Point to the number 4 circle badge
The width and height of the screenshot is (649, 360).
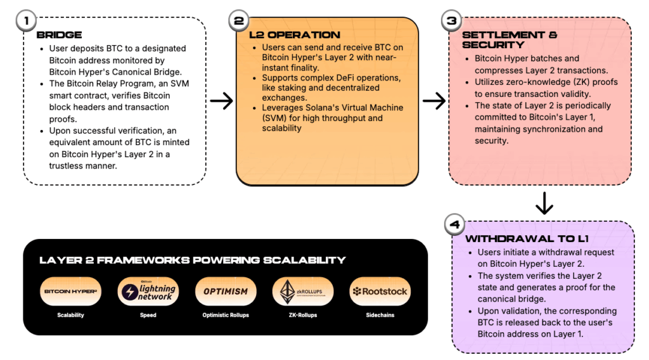(x=454, y=224)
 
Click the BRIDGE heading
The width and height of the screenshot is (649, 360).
(x=59, y=35)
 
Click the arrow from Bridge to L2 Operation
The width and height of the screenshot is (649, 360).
(x=221, y=100)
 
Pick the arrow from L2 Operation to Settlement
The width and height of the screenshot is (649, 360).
(x=434, y=100)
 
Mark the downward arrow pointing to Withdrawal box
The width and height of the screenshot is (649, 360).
(x=544, y=203)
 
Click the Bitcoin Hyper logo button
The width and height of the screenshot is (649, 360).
(x=70, y=292)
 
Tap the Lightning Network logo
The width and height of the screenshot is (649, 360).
(x=148, y=292)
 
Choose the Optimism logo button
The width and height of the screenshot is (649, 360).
(x=226, y=292)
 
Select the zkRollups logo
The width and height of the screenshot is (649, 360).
(x=303, y=292)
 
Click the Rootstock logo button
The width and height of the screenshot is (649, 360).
(x=380, y=292)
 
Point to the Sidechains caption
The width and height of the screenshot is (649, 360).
(x=380, y=315)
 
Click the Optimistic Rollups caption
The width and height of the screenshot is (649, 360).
(x=226, y=315)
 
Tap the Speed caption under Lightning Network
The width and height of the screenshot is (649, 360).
(x=148, y=315)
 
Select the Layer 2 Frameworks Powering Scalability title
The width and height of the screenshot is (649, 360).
(x=193, y=260)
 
